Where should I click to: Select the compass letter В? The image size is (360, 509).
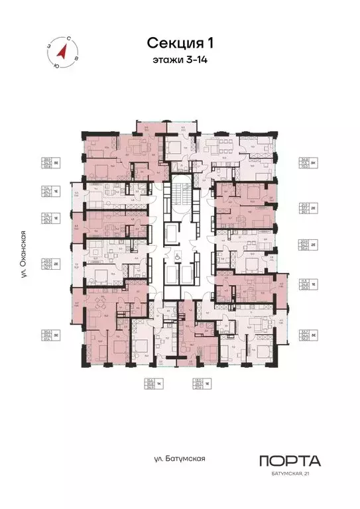(76, 59)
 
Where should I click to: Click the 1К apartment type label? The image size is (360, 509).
(169, 385)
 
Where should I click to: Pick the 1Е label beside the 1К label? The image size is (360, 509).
(208, 385)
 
